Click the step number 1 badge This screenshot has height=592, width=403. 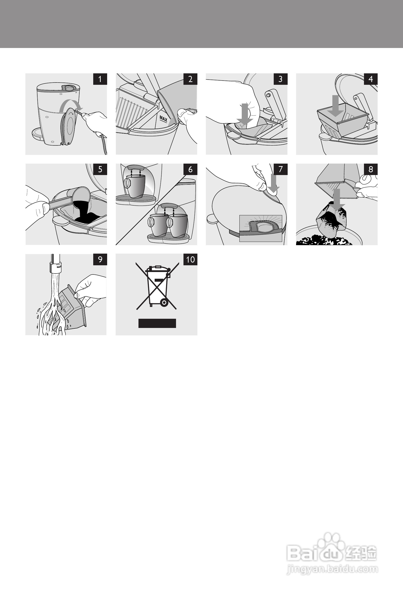100,79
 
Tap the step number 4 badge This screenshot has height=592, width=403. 371,79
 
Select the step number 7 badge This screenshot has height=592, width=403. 280,169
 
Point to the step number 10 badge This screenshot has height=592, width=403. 190,259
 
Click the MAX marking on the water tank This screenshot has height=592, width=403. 163,119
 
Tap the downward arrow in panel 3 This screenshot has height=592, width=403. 245,114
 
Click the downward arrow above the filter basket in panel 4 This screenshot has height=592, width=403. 335,105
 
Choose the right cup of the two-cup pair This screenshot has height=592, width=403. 178,225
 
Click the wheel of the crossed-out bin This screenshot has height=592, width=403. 164,303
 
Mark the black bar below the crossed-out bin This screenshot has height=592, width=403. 157,323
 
